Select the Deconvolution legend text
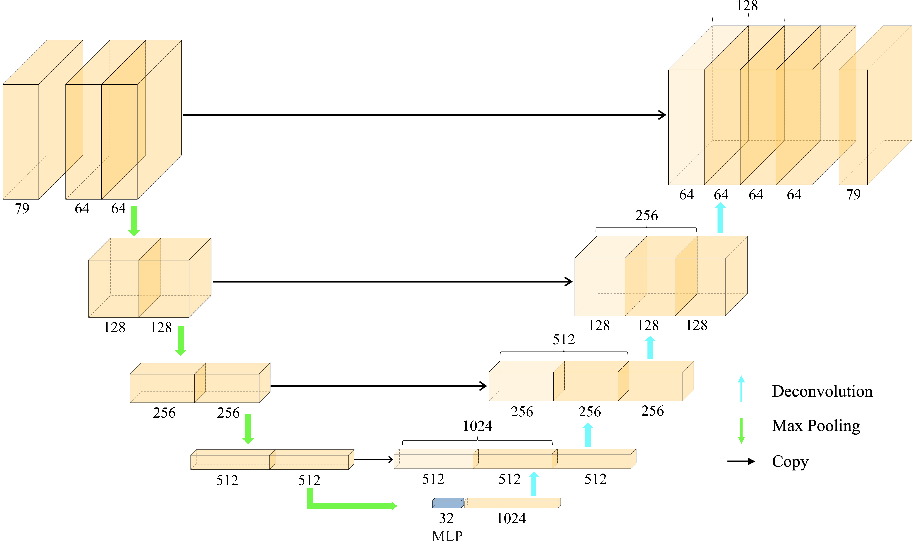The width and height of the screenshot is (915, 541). tap(822, 391)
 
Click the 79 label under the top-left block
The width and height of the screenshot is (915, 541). tap(22, 208)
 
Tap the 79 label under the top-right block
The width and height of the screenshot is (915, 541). tap(853, 194)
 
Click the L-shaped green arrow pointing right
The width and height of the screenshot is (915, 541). tap(350, 506)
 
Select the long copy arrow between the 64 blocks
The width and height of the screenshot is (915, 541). tap(424, 115)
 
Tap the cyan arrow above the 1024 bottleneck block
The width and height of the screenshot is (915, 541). tap(534, 484)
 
